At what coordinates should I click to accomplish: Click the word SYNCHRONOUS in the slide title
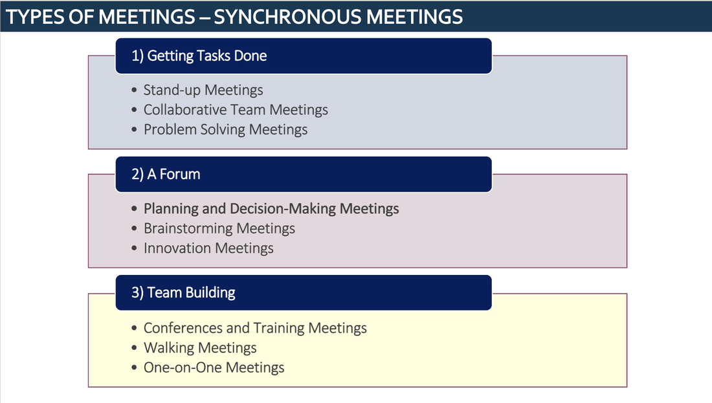(x=287, y=17)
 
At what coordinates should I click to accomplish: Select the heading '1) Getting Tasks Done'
(x=199, y=56)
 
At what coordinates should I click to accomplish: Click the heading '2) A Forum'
(x=166, y=174)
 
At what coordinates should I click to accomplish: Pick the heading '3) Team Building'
(x=183, y=293)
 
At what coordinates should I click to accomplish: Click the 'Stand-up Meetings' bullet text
(x=203, y=90)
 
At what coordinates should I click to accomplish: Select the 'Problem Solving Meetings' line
(x=226, y=129)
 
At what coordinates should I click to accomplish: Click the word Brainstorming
(x=188, y=228)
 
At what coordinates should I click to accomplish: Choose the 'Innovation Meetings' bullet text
(x=208, y=248)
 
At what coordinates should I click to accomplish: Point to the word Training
(x=279, y=328)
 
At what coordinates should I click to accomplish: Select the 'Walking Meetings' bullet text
(x=200, y=347)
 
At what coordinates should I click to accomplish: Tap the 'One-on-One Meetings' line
(x=214, y=367)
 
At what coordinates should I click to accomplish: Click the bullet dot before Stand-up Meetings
(x=134, y=91)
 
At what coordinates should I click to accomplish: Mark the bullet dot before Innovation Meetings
(x=134, y=248)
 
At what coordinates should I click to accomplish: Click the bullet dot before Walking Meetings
(x=134, y=348)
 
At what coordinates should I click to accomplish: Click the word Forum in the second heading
(x=180, y=174)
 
